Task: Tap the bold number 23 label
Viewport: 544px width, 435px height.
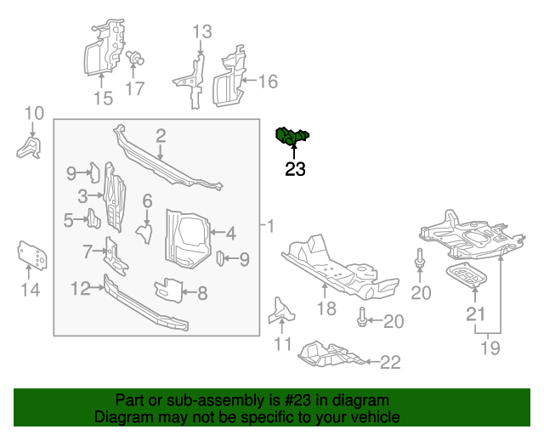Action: tap(295, 169)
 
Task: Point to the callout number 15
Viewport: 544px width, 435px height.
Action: tap(102, 99)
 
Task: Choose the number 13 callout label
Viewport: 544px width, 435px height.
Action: tap(201, 33)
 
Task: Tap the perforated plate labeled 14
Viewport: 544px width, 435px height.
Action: tap(31, 255)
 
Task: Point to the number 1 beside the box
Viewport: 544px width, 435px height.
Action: tap(270, 226)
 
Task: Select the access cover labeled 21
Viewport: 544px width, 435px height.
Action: tap(467, 277)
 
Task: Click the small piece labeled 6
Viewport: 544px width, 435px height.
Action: tap(144, 229)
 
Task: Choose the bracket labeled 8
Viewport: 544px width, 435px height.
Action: tap(170, 290)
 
